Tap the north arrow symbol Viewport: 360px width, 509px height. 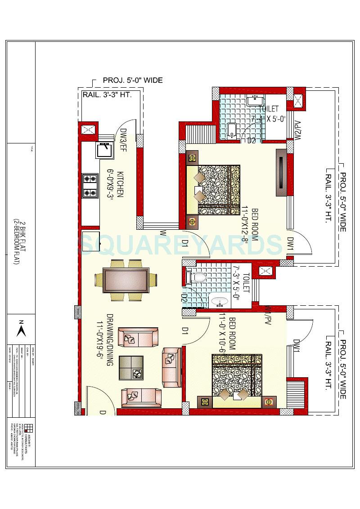click(x=20, y=330)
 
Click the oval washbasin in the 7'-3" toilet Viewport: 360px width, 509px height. click(x=220, y=300)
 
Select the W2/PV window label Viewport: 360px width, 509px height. click(x=297, y=130)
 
